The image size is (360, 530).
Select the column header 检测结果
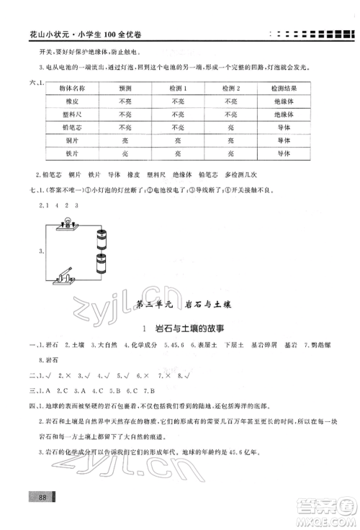[282, 88]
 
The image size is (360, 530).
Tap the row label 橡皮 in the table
[71, 102]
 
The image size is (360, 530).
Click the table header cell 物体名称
[71, 88]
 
